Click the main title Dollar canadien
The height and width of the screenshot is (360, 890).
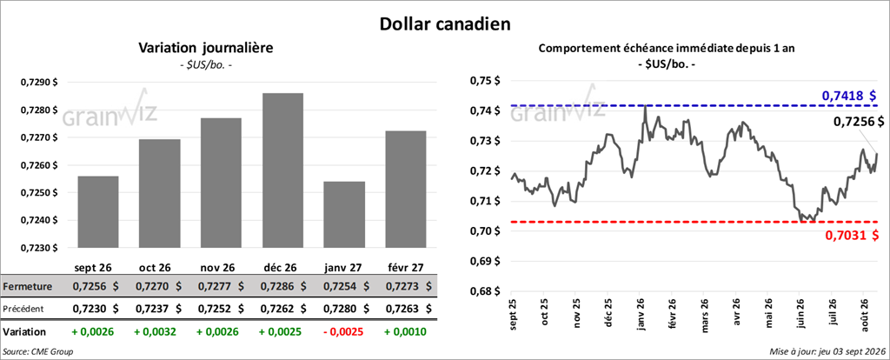point(445,23)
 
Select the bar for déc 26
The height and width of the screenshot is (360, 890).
point(282,170)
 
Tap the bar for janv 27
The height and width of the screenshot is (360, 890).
point(344,215)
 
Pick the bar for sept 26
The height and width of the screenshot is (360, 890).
point(98,212)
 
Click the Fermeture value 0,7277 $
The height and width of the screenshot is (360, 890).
point(221,287)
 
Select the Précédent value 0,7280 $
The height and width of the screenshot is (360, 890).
point(344,309)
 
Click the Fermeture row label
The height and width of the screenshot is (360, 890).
point(27,287)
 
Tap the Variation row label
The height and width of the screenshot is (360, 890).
point(24,331)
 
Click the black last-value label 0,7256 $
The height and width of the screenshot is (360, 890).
point(858,121)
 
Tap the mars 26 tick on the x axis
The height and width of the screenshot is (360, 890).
point(706,313)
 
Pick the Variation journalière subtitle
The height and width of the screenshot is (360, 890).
point(206,49)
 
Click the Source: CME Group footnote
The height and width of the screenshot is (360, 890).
point(38,351)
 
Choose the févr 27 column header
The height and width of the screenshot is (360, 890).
point(405,267)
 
